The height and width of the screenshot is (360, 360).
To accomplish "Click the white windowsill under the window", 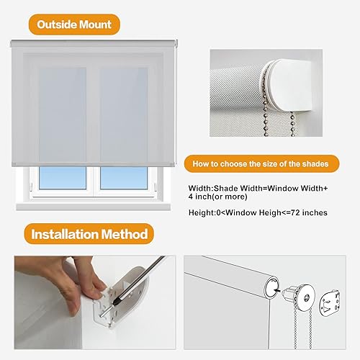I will coord(94,207).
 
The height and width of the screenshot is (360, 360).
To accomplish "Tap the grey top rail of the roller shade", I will coord(94,42).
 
